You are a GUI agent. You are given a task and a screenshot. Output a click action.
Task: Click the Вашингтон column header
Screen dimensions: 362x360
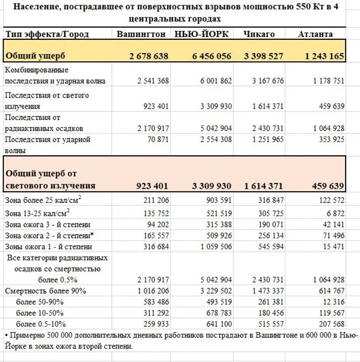point(141,34)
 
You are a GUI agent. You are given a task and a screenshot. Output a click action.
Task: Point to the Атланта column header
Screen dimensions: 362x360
point(316,34)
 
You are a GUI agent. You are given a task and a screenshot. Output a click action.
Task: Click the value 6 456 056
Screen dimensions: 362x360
point(208,57)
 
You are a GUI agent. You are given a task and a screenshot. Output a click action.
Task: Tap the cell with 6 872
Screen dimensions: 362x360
point(333,214)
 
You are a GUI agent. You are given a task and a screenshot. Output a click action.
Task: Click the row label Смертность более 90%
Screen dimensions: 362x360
point(45,290)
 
